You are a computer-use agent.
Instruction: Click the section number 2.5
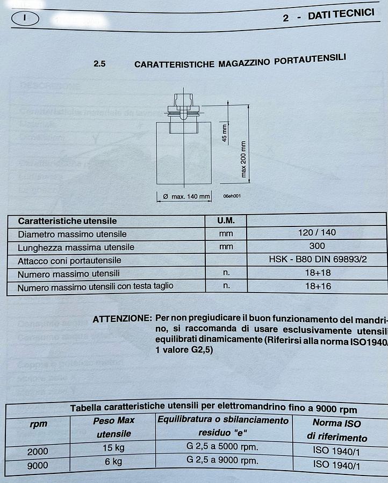[99, 64]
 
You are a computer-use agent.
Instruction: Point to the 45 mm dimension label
[225, 131]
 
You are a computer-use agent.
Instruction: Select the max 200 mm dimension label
[243, 159]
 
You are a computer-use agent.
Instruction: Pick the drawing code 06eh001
[232, 196]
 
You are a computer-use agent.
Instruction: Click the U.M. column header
[226, 221]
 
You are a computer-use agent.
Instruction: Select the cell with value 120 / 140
[317, 233]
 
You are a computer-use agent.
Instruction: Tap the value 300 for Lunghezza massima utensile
[317, 246]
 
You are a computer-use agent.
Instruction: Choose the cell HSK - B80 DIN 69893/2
[318, 259]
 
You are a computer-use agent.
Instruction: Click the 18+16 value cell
[318, 286]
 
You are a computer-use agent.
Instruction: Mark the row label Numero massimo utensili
[69, 274]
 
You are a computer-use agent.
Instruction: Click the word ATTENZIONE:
[122, 319]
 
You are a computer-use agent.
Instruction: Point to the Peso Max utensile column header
[113, 427]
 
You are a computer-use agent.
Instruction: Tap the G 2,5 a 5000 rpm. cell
[222, 447]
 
